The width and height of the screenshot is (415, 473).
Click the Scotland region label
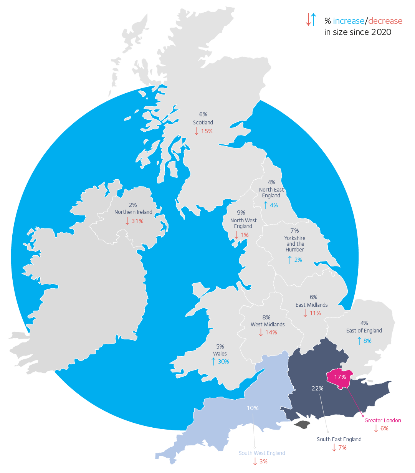[x=203, y=122]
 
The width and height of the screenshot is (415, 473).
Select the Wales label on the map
[x=220, y=354]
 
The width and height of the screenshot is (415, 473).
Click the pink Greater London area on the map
[x=339, y=379]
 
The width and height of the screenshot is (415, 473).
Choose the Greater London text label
[x=382, y=420]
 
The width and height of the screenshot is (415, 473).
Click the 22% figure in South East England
[x=317, y=389]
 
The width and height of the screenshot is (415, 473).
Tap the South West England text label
[x=262, y=453]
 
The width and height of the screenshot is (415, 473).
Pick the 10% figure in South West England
[x=253, y=408]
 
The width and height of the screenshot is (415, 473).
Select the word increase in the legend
[x=348, y=21]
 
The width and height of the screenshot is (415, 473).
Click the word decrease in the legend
[x=385, y=21]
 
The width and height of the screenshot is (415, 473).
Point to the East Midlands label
[x=312, y=305]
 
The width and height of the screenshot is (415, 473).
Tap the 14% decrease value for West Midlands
[x=271, y=332]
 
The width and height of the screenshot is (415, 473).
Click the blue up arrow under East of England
[x=359, y=341]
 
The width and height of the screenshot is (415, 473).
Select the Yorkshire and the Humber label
[x=295, y=244]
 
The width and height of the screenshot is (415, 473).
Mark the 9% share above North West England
[x=241, y=213]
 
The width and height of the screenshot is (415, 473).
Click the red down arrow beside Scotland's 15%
[x=197, y=131]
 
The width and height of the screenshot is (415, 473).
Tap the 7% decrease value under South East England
[x=342, y=448]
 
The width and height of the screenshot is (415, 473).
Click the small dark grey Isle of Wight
[x=302, y=425]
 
